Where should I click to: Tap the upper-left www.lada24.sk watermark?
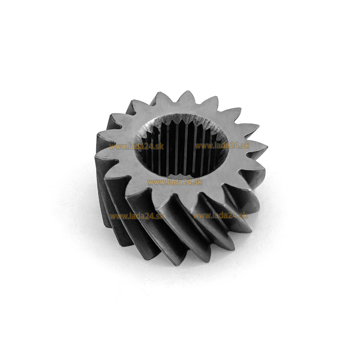(136, 147)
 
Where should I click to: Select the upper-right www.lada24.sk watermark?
(222, 145)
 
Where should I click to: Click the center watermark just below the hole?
(175, 182)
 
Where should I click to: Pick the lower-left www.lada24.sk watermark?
(137, 216)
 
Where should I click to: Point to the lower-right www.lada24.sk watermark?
(220, 216)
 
